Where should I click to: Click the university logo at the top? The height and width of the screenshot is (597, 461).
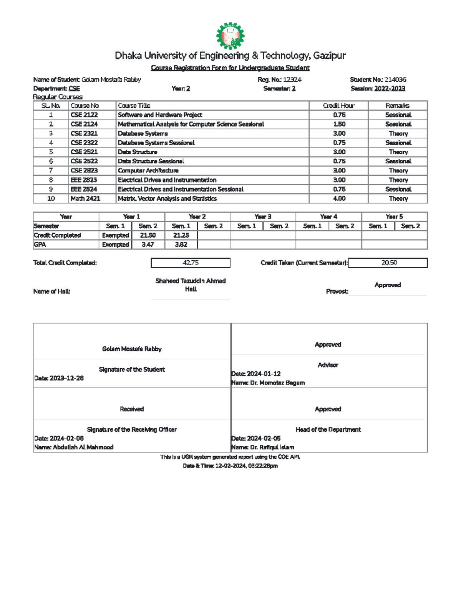(x=230, y=36)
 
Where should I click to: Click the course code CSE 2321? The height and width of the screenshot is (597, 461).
(x=84, y=133)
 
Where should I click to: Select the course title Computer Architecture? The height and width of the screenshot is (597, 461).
(x=148, y=171)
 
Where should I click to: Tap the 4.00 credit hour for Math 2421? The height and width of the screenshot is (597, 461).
(x=339, y=199)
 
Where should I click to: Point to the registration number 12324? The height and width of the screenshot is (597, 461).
(x=292, y=80)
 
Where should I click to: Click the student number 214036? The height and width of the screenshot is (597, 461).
(x=395, y=80)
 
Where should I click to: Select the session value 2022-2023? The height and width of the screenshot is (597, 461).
(x=390, y=88)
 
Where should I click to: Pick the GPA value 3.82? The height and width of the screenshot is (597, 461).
(x=181, y=245)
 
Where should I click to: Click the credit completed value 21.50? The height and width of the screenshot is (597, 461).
(x=148, y=235)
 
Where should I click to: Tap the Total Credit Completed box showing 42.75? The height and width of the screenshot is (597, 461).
(x=191, y=263)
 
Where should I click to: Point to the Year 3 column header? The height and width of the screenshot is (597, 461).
(x=263, y=217)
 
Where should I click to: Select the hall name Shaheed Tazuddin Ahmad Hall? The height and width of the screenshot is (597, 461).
(x=191, y=285)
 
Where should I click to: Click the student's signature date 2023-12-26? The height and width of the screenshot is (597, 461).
(x=66, y=378)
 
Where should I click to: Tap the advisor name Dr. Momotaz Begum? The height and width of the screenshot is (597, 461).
(x=277, y=383)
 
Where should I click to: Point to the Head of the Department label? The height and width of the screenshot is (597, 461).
(x=328, y=430)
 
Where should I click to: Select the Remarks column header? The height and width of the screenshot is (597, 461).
(x=398, y=106)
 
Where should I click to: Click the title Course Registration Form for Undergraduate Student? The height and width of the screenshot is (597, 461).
(x=230, y=68)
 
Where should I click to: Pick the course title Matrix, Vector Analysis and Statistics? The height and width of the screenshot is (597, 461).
(x=167, y=199)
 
